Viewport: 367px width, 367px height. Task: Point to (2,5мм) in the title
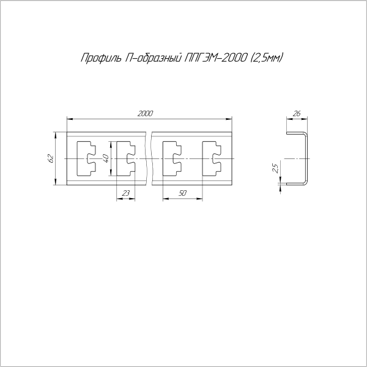coord(268,59)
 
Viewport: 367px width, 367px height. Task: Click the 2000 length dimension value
coord(145,113)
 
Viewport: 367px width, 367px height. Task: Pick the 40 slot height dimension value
coord(105,158)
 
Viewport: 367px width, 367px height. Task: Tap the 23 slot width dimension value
coord(126,193)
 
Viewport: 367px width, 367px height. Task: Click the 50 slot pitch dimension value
coord(182,193)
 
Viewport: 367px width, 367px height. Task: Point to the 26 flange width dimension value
coord(297,113)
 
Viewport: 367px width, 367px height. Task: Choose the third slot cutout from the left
coord(172,158)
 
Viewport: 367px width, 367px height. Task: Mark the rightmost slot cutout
coord(210,158)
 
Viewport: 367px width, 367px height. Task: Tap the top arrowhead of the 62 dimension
coord(56,134)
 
